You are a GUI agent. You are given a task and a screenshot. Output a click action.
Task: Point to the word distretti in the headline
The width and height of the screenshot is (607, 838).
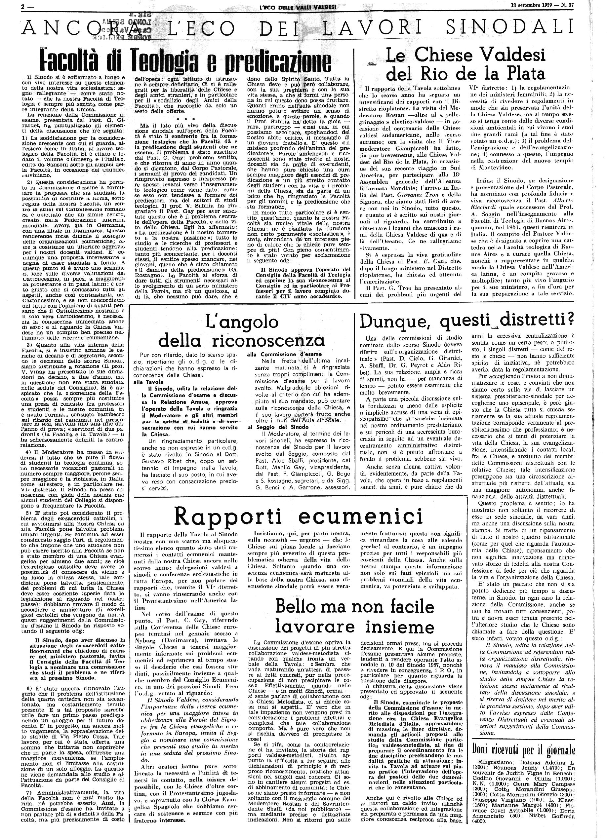(534, 321)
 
